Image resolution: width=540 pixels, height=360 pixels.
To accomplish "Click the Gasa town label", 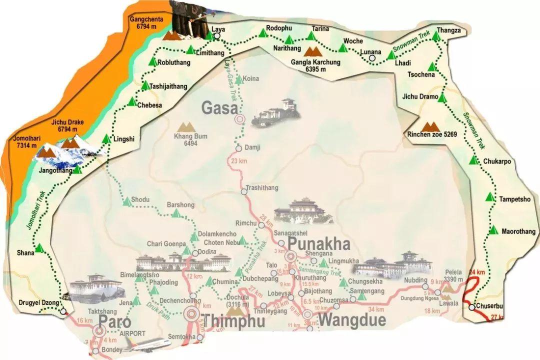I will tap(218, 107).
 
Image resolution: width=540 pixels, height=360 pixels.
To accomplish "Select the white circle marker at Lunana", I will tap(371, 58).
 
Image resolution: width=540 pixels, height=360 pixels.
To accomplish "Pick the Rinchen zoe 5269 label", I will tap(432, 134).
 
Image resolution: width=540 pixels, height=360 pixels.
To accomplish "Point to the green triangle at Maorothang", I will tap(493, 230).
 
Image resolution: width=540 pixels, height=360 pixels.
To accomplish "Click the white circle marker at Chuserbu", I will tap(471, 307).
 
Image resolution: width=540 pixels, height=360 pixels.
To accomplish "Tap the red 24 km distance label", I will tap(477, 272).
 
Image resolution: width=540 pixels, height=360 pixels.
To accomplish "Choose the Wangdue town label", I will tap(352, 319).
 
